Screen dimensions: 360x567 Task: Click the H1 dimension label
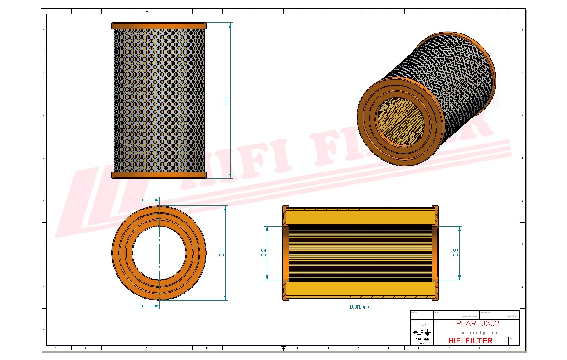[x=226, y=100]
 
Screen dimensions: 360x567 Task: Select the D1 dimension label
[x=221, y=253]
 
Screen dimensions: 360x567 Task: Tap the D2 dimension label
[x=264, y=253]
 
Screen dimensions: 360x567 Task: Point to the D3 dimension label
[x=456, y=253]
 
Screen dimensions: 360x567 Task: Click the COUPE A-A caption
[x=359, y=307]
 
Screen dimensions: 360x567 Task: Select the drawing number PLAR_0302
[x=477, y=324]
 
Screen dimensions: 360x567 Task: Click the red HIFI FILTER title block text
[x=470, y=341]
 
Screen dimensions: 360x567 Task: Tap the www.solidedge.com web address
[x=476, y=332]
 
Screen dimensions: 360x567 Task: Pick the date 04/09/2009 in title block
[x=470, y=316]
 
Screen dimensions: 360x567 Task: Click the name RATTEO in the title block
[x=512, y=316]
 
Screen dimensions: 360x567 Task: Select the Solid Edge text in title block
[x=421, y=339]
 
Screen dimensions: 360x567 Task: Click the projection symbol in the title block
[x=421, y=332]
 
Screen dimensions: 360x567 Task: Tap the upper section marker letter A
[x=143, y=200]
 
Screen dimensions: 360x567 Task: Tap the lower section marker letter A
[x=143, y=306]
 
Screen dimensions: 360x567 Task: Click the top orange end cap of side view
[x=159, y=26]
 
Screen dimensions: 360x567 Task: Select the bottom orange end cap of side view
[x=159, y=175]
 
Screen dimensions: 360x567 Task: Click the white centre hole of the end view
[x=159, y=253]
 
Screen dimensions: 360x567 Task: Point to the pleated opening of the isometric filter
[x=399, y=120]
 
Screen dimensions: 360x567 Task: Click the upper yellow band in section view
[x=360, y=216]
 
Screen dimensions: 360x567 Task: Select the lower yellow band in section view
[x=360, y=289]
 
